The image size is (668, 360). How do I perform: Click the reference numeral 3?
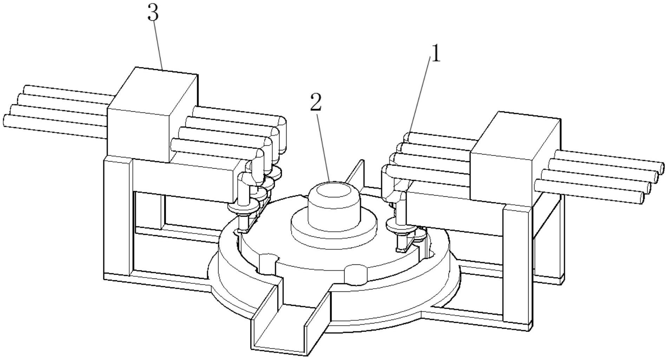coord(153,13)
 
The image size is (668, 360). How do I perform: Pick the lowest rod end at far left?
coord(6,120)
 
